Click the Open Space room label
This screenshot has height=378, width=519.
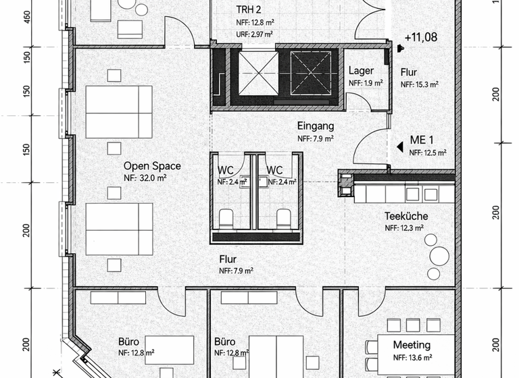click(x=151, y=166)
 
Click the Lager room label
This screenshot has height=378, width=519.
click(x=362, y=71)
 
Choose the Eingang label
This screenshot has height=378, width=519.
click(x=316, y=126)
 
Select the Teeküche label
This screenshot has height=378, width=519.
click(x=406, y=217)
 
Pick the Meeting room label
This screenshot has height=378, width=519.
click(x=412, y=345)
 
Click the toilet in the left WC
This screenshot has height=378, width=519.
click(x=226, y=217)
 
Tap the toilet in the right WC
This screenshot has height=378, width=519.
click(x=284, y=217)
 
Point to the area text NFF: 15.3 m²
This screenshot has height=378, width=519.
click(x=420, y=84)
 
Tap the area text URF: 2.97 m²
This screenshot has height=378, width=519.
click(x=253, y=34)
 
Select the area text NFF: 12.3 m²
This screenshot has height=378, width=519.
click(x=404, y=229)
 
